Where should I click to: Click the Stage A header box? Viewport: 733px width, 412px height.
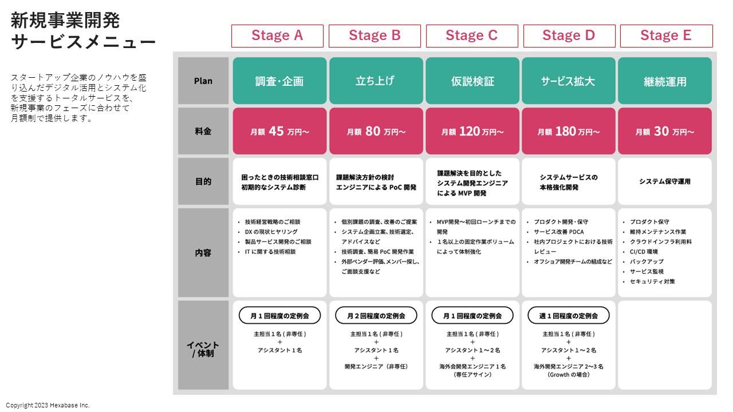tap(277, 36)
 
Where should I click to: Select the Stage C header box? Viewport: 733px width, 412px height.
tap(472, 36)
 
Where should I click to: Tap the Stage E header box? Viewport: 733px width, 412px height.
tap(666, 36)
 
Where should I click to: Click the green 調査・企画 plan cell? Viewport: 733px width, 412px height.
tap(279, 81)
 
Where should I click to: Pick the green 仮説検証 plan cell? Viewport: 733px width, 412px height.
tap(472, 81)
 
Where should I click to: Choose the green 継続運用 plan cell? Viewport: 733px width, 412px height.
tap(665, 81)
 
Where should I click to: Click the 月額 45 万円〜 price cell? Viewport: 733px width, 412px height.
tap(279, 131)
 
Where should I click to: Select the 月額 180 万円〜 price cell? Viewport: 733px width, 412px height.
tap(569, 131)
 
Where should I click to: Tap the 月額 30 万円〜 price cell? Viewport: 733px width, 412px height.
tap(665, 131)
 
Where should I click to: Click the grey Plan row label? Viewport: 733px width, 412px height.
tap(203, 81)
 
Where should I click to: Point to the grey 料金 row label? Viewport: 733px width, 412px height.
tap(203, 131)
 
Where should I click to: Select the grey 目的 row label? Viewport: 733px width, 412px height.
tap(203, 181)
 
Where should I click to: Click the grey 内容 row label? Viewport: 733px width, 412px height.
tap(203, 252)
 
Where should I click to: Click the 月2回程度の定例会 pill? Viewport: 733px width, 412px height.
tap(376, 315)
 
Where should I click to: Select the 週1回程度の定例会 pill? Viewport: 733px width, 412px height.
tap(569, 315)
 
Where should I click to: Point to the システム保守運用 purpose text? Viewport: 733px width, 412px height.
tap(665, 181)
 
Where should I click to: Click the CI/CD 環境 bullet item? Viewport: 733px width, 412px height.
tap(644, 252)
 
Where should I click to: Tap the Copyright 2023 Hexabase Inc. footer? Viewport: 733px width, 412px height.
tap(48, 405)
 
